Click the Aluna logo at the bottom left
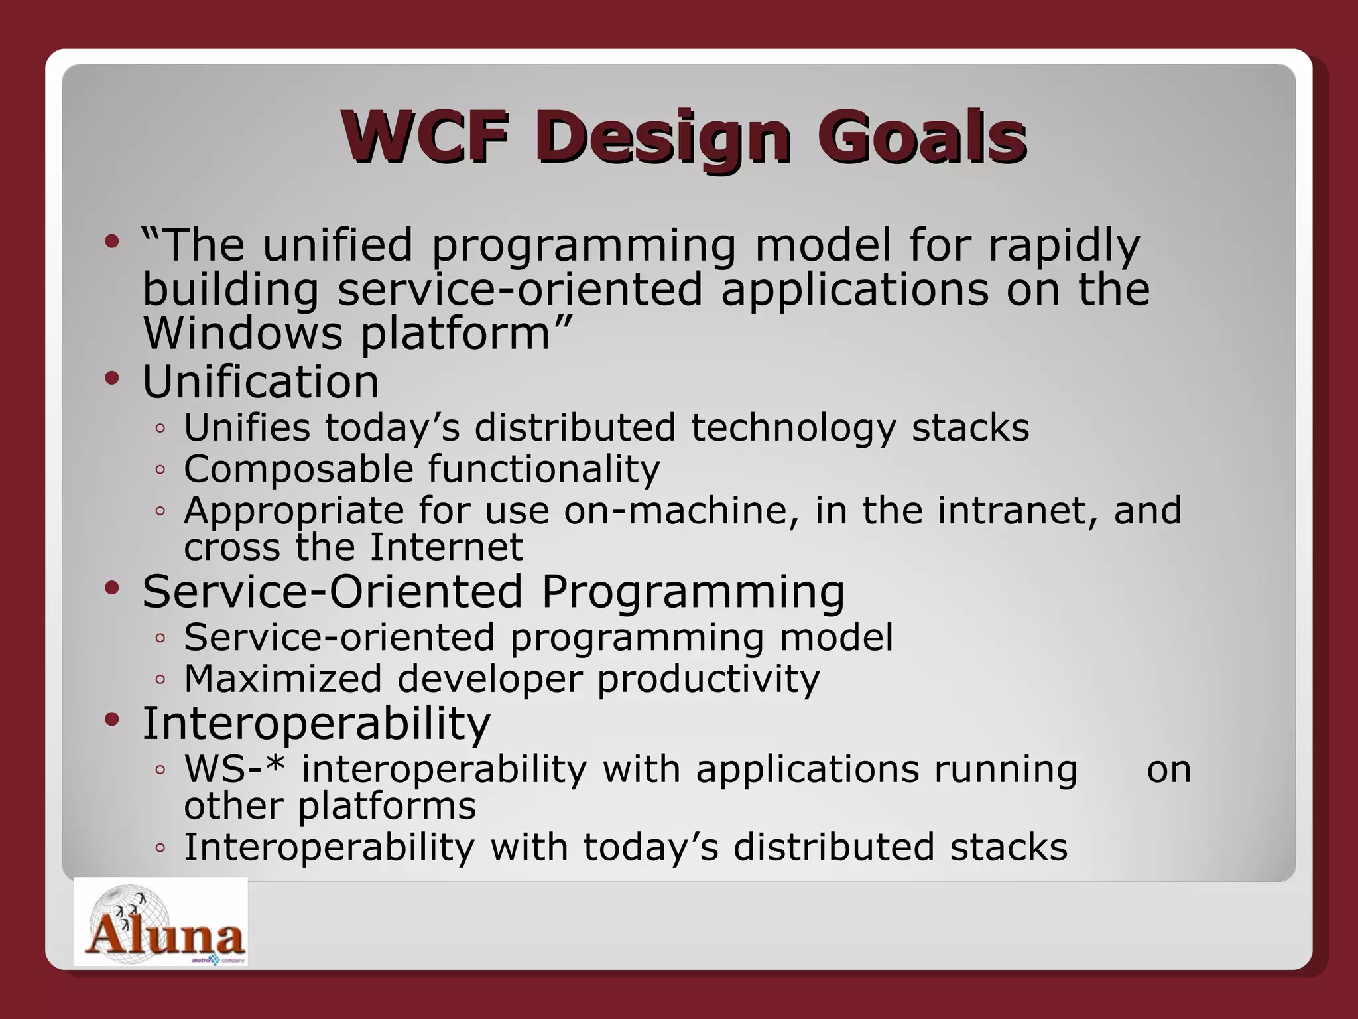[x=161, y=922]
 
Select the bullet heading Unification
[x=261, y=383]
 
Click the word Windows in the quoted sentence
[x=243, y=333]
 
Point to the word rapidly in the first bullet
[x=1064, y=246]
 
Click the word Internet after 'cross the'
[x=446, y=547]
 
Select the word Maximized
[x=283, y=679]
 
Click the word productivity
[x=708, y=680]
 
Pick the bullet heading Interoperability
[x=316, y=724]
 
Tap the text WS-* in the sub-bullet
[x=235, y=770]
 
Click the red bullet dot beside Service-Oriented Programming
[x=112, y=588]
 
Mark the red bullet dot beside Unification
[x=112, y=379]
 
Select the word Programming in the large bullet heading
[x=693, y=592]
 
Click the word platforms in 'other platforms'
[x=387, y=807]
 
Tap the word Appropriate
[x=294, y=511]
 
